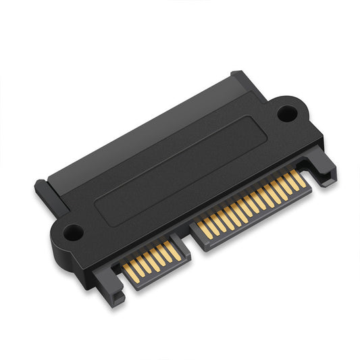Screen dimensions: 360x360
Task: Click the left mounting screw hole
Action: [x=74, y=232]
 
